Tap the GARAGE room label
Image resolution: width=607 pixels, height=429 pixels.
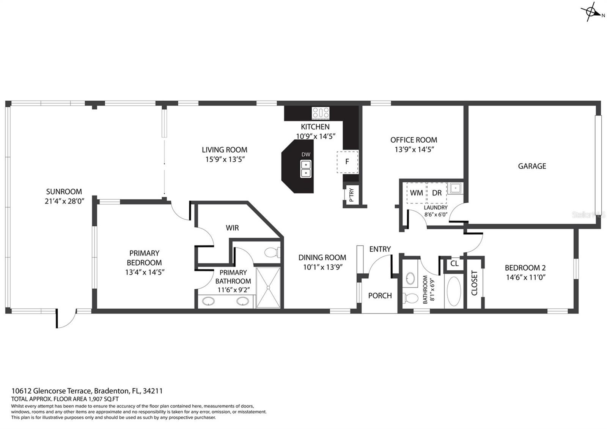532,166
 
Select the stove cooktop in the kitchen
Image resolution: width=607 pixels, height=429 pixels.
321,113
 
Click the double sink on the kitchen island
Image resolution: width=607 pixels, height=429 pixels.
306,169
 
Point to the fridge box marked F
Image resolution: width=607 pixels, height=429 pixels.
348,162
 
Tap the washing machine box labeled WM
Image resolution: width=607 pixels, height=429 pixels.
417,193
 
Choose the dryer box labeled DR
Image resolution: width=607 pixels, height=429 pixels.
437,193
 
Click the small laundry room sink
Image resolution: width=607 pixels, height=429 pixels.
455,188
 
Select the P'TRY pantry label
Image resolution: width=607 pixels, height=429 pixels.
351,195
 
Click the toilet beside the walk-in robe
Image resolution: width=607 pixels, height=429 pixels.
272,252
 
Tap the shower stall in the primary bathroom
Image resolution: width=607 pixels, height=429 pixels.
268,287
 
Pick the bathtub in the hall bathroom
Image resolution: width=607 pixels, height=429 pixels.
454,291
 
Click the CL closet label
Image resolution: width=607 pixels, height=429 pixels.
454,263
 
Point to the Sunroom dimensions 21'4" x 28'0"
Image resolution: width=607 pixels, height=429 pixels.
64,201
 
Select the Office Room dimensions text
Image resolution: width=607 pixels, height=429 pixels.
414,150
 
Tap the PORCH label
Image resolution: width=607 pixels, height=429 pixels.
380,296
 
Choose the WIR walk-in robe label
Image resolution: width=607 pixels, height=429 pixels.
232,228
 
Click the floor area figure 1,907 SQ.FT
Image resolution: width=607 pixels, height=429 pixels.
104,399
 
